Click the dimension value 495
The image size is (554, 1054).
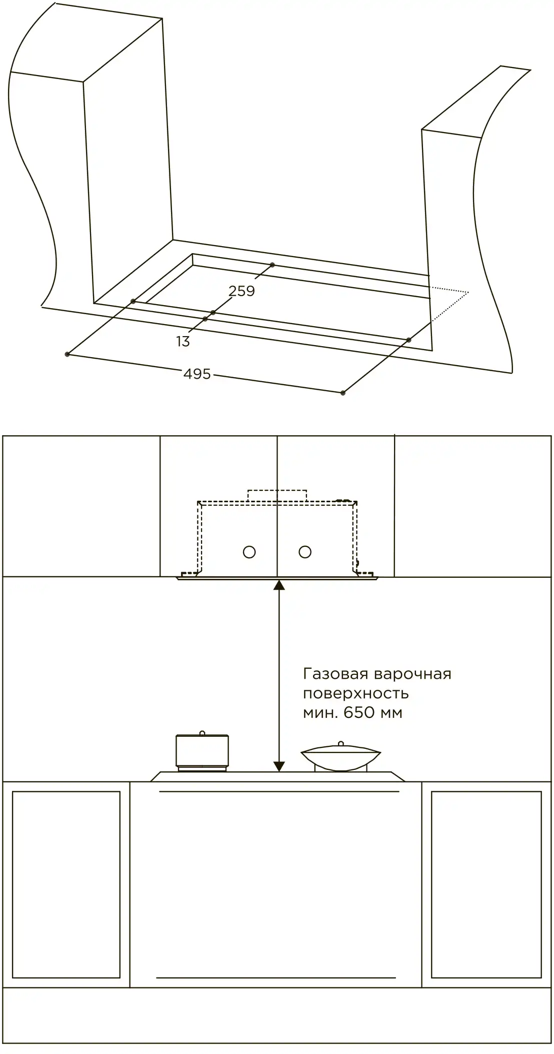tap(197, 374)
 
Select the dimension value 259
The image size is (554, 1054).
tap(241, 291)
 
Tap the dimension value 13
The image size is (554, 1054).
tap(183, 341)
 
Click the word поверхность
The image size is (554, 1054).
tap(356, 694)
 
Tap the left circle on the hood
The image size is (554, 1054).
tap(249, 552)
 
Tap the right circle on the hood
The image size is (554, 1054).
tap(305, 552)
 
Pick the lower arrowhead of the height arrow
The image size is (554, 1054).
tap(279, 766)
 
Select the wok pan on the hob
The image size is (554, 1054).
tap(340, 757)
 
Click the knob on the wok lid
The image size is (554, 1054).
tap(340, 744)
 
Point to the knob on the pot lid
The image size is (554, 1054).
tap(202, 733)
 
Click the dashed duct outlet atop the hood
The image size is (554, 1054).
tap(277, 495)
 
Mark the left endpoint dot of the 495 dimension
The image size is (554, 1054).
tap(67, 354)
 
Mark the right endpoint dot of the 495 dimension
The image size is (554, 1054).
tap(342, 393)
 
